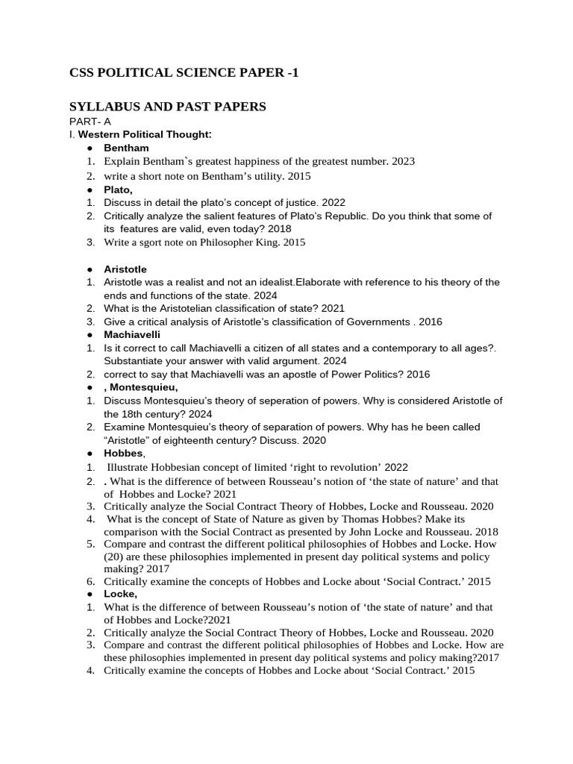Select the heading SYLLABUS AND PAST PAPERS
167,107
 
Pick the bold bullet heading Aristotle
125,269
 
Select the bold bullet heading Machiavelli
132,335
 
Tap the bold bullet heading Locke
120,594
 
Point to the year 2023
403,161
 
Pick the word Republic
349,216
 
